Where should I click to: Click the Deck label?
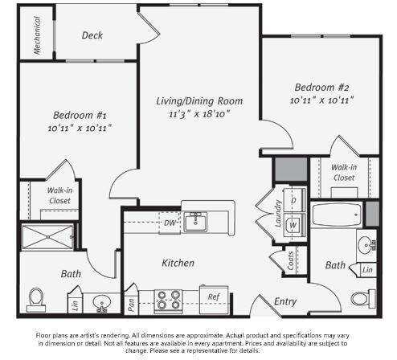[x=92, y=35]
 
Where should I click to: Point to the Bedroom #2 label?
[x=321, y=87]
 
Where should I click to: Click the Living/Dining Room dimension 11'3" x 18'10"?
[x=199, y=115]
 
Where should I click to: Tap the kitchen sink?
[x=195, y=222]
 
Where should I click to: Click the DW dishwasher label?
[x=170, y=223]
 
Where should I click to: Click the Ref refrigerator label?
[x=213, y=297]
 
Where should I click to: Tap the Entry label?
[x=284, y=302]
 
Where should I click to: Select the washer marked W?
[x=293, y=225]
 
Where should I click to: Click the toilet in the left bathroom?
[x=35, y=299]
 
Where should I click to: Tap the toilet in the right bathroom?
[x=362, y=298]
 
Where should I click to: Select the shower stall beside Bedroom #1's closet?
[x=48, y=237]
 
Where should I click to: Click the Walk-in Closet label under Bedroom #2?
[x=343, y=172]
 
